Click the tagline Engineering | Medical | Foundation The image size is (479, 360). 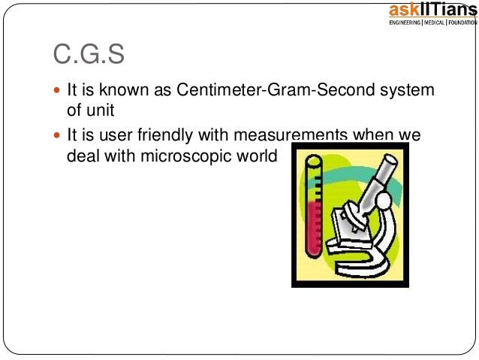point(432,23)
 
